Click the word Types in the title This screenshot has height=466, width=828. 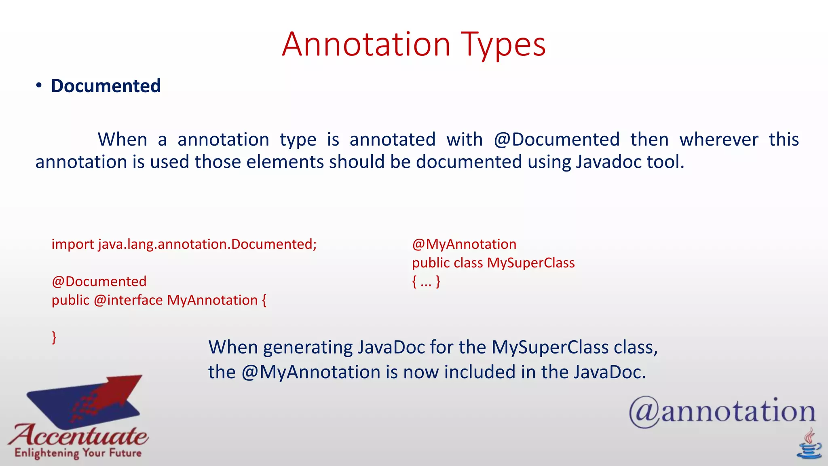503,44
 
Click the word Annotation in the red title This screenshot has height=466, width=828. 366,44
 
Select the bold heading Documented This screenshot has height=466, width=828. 106,86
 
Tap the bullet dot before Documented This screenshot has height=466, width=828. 39,85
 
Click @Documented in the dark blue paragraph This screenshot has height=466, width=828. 556,140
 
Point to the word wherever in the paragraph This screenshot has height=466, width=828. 718,140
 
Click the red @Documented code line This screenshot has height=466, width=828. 99,282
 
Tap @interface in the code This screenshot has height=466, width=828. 128,300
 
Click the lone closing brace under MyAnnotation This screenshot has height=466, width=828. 54,337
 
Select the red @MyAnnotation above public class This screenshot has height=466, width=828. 464,244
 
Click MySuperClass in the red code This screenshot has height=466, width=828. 530,263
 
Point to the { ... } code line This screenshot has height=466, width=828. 426,282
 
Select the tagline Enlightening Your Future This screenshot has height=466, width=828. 78,453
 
